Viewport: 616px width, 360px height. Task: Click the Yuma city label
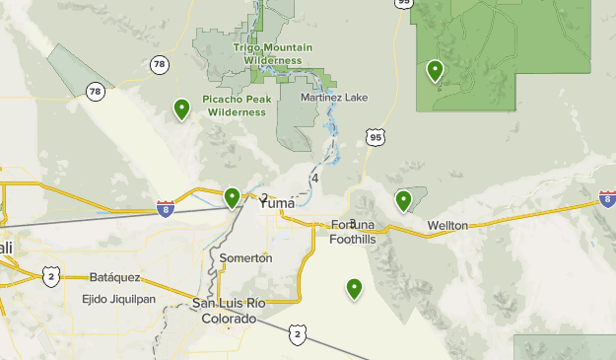[277, 203]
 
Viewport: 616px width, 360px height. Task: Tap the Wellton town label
[447, 226]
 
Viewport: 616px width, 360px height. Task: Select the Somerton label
[244, 257]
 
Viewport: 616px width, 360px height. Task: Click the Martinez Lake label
[335, 97]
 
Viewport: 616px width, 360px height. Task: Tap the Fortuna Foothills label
[353, 232]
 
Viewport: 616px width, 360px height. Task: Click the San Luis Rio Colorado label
[229, 310]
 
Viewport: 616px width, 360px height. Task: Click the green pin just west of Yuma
[232, 198]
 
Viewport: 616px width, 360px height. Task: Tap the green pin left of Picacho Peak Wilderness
[181, 108]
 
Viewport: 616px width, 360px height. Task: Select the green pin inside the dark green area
[435, 70]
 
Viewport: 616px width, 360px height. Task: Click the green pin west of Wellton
[403, 200]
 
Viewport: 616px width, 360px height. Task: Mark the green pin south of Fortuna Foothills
[354, 288]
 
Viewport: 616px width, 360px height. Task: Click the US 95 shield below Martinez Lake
[375, 137]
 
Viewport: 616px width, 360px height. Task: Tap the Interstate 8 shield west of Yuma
[167, 208]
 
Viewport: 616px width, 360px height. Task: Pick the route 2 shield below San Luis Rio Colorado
[298, 335]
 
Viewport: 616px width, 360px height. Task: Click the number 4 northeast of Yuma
[314, 179]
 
